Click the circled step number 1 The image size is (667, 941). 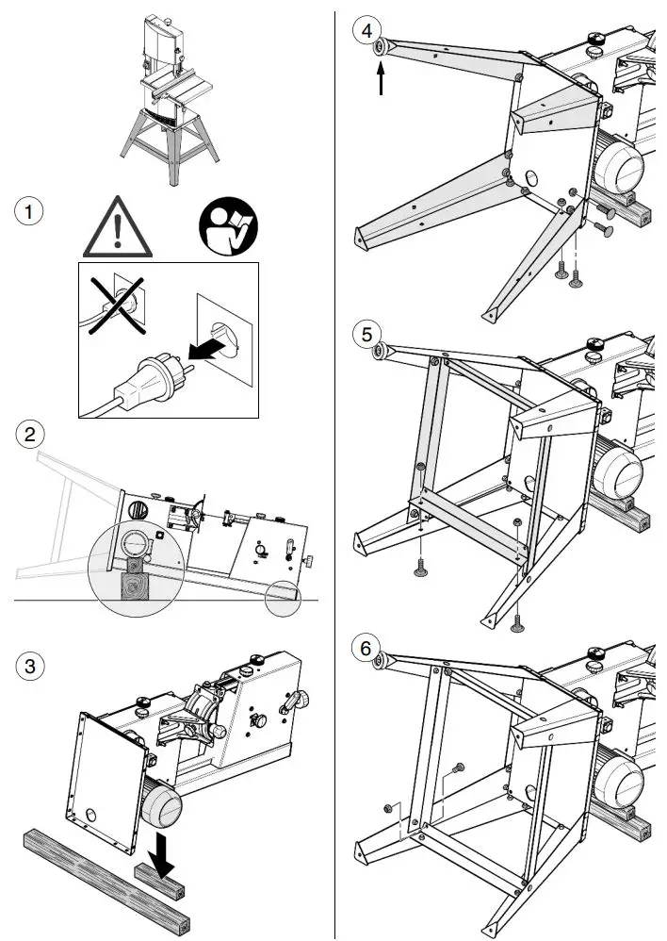coord(31,212)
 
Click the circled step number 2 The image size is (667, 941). coord(31,435)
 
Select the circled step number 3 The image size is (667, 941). coord(31,666)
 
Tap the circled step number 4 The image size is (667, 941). coord(366,28)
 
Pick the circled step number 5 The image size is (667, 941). coord(366,333)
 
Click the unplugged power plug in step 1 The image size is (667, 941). coord(152,371)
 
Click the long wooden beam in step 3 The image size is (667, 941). coord(104,881)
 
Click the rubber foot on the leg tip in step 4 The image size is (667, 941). coord(380,48)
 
